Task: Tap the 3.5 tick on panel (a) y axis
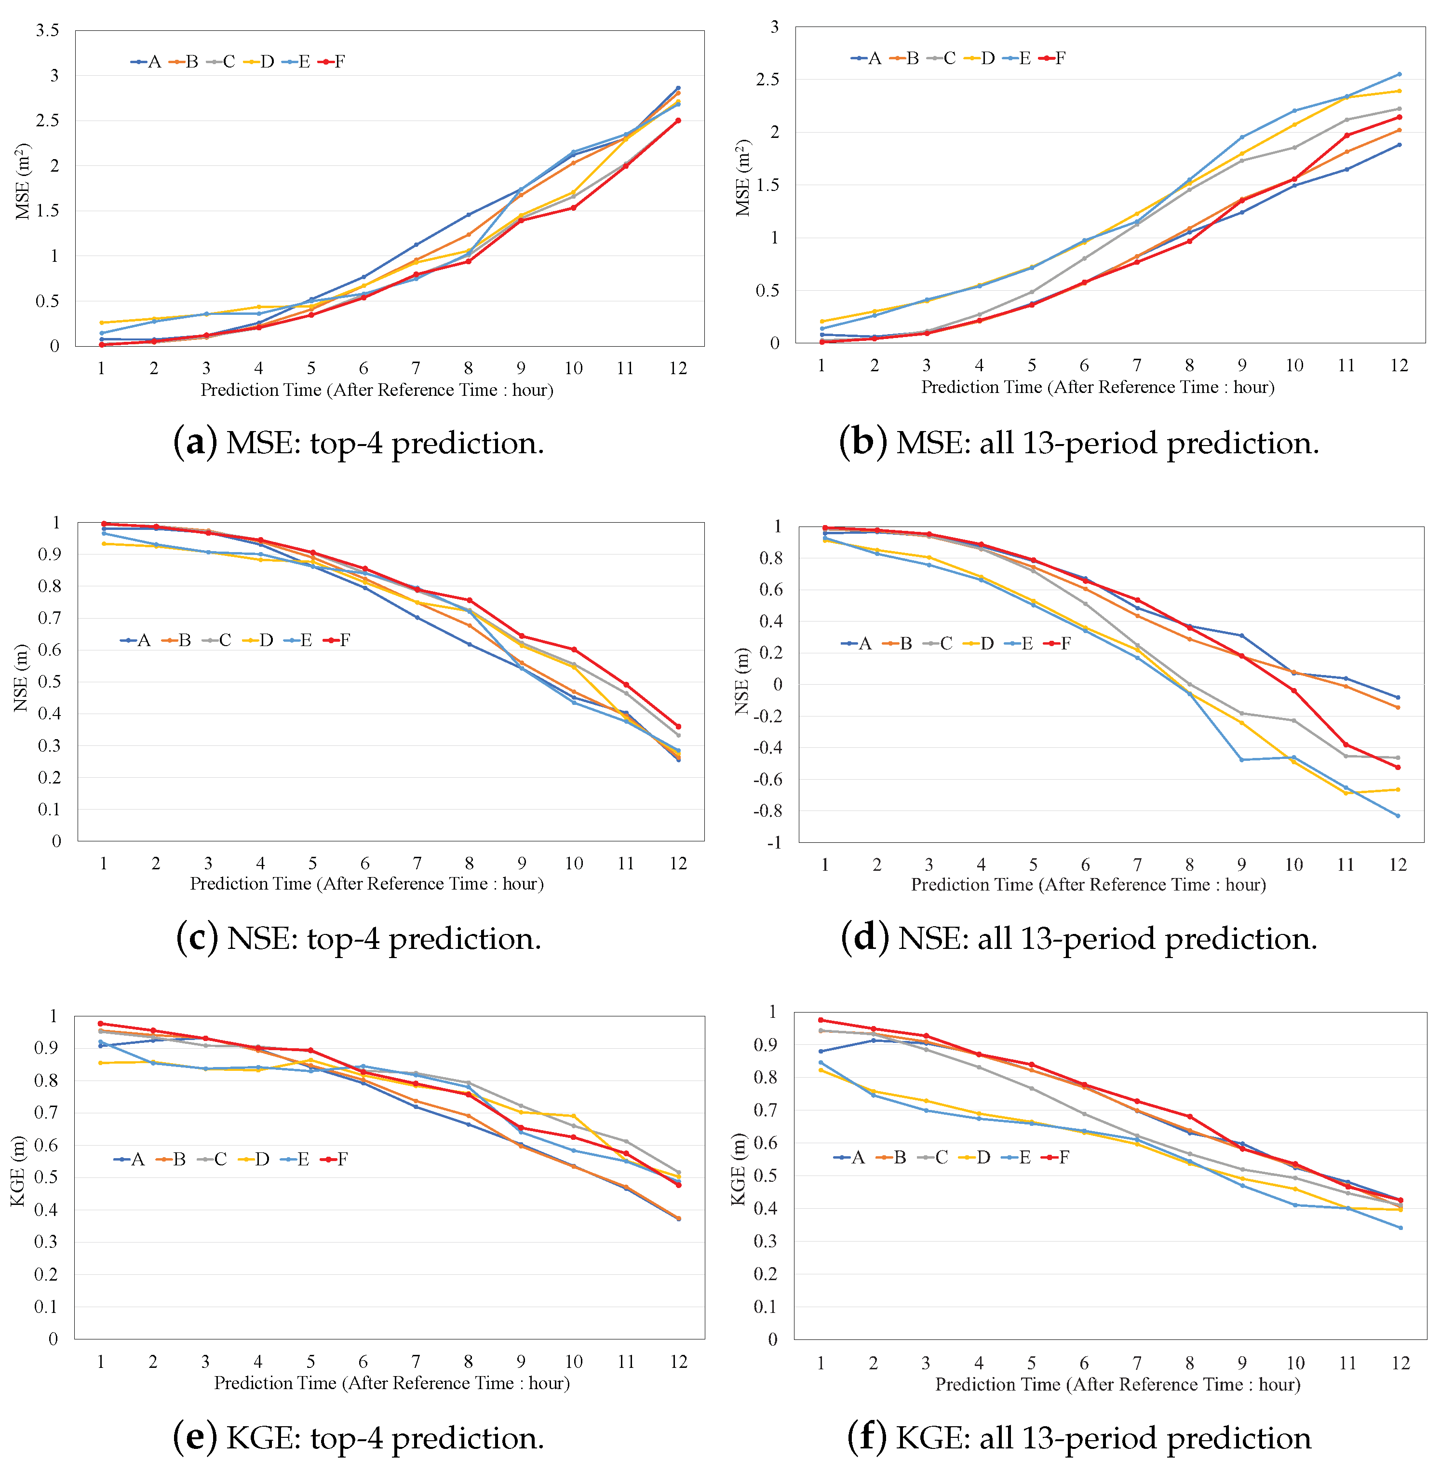tap(47, 30)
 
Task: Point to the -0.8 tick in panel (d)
tap(768, 811)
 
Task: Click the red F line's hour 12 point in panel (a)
tap(678, 120)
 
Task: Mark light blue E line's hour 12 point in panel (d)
tap(1398, 815)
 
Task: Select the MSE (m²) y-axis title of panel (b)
tap(743, 178)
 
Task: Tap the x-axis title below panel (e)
tap(392, 1383)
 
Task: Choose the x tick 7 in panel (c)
tap(417, 863)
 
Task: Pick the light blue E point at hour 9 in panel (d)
tap(1241, 759)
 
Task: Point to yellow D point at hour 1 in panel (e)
tap(101, 1063)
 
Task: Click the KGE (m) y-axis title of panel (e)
tap(19, 1171)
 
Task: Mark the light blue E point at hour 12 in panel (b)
tap(1399, 74)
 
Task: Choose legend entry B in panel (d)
tap(898, 644)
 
